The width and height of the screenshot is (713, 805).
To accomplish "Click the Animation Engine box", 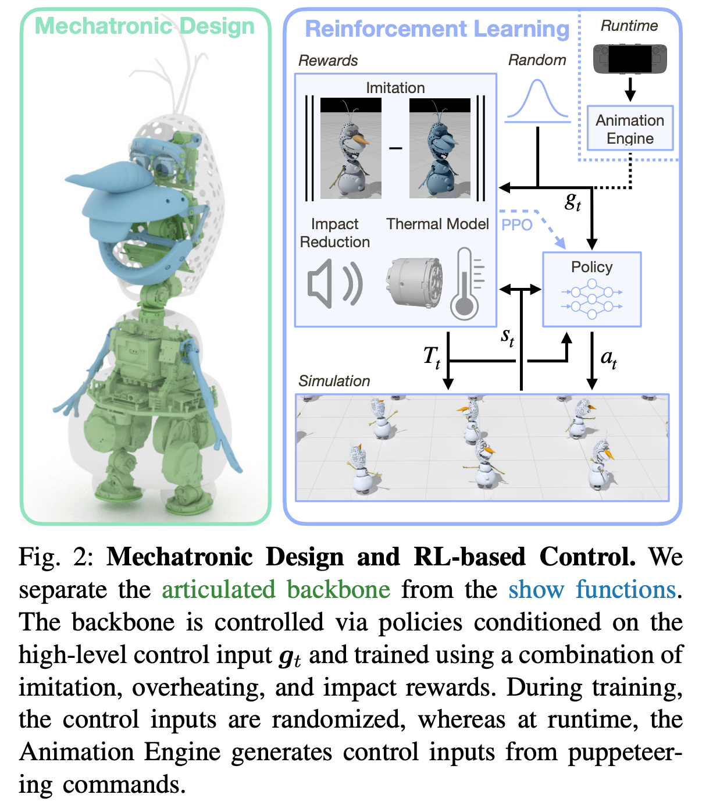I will coord(630,129).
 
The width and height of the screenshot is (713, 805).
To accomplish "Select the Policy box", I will coord(591,288).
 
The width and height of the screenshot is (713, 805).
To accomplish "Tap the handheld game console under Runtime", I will coord(630,59).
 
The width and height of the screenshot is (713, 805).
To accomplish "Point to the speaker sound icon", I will coord(334,284).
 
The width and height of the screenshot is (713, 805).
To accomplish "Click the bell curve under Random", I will coord(537,101).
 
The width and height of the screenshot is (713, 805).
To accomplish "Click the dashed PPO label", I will coord(516,225).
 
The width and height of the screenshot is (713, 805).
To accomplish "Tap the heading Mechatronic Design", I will coord(145,26).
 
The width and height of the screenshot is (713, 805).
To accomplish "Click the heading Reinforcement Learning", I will coord(437,29).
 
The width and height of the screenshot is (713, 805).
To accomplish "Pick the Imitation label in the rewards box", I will coord(395,88).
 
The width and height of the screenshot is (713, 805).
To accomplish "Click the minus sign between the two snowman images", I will coord(395,148).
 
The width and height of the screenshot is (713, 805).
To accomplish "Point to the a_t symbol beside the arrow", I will coord(609,358).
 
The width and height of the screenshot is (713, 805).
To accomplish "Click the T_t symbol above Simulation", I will coord(432,356).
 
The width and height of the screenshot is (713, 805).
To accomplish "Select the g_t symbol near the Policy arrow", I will coord(573,201).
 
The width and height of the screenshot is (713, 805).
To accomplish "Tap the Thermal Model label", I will coord(437,224).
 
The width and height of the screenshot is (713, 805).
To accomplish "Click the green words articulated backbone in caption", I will coord(276,590).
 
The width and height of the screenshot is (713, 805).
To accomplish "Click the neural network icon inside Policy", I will coord(591,299).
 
